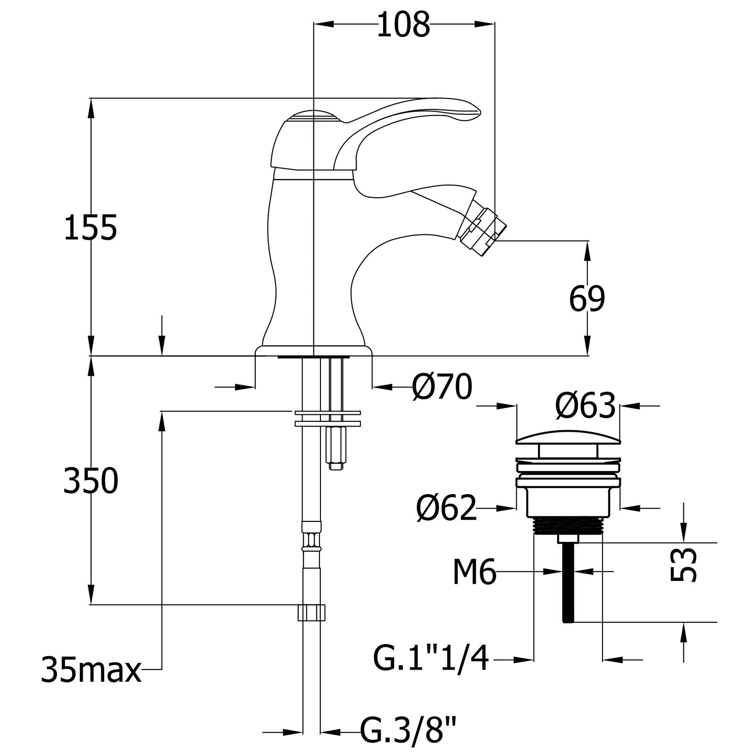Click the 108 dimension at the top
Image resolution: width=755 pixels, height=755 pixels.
(x=403, y=25)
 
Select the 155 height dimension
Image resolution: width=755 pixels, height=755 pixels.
(x=90, y=227)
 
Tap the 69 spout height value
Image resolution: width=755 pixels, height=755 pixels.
(x=587, y=299)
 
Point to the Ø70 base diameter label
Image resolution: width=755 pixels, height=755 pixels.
(x=442, y=387)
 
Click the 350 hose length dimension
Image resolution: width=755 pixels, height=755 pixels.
(x=91, y=481)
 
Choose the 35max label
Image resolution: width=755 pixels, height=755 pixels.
(x=91, y=670)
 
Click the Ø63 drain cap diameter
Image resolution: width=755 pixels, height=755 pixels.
(x=586, y=405)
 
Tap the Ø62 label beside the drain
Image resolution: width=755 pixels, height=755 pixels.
(x=446, y=508)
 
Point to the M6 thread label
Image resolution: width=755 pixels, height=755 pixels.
(x=475, y=572)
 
